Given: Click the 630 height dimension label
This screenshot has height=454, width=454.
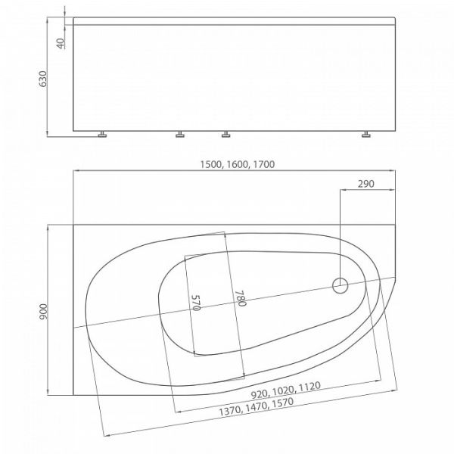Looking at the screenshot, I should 44,78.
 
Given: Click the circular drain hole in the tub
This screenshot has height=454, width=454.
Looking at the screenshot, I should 340,286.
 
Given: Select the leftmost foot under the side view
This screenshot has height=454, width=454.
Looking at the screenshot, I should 102,136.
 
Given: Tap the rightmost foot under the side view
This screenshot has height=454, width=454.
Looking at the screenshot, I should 366,136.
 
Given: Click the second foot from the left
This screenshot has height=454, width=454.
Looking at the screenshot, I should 180,136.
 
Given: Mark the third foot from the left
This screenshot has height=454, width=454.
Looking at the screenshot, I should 225,136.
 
